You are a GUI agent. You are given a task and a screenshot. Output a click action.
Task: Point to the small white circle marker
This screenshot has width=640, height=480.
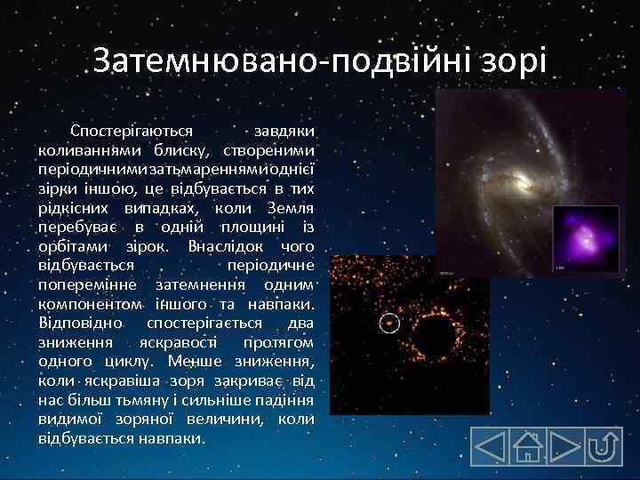click(388, 323)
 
